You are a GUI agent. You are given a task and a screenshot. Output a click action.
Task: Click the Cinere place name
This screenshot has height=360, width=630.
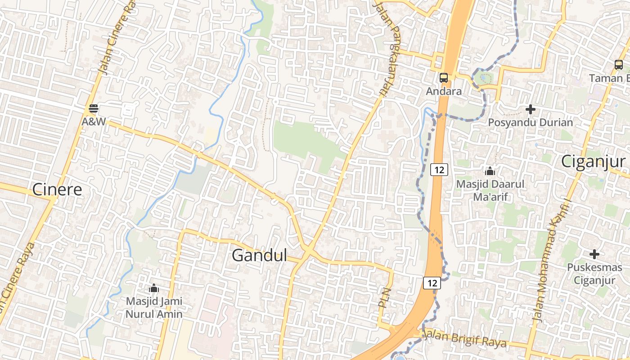click(x=57, y=189)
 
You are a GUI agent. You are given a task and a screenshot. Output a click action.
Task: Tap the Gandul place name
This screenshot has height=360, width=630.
click(x=259, y=256)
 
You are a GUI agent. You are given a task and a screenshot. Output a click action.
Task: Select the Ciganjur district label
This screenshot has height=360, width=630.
click(x=593, y=161)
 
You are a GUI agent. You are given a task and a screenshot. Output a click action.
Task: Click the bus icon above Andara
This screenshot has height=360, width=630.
click(x=444, y=78)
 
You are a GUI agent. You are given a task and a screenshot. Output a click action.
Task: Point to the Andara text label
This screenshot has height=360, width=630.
click(x=444, y=91)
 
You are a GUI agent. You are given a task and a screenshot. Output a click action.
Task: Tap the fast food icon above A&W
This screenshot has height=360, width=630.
click(x=94, y=108)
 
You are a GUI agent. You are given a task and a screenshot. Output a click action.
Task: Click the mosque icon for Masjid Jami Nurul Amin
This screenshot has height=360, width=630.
click(x=154, y=288)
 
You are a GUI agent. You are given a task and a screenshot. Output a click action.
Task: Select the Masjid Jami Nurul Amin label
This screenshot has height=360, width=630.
click(x=154, y=307)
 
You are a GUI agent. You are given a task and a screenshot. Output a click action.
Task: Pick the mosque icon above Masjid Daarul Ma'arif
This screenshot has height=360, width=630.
click(x=490, y=171)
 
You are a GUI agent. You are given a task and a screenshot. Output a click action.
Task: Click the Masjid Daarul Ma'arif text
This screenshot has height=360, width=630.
click(x=490, y=190)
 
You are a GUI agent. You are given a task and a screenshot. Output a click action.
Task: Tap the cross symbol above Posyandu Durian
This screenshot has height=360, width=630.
click(x=531, y=109)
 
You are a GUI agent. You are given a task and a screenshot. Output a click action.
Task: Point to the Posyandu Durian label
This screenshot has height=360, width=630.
click(x=531, y=122)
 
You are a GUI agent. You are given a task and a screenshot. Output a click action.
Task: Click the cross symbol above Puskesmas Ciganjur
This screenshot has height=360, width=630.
click(x=594, y=254)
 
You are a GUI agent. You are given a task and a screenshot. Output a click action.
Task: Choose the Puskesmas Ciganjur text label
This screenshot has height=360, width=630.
click(x=594, y=274)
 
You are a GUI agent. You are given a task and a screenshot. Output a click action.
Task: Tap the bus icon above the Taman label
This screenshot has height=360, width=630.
click(x=619, y=65)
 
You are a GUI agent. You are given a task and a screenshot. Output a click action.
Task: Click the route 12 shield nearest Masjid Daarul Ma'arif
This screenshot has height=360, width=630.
click(x=439, y=170)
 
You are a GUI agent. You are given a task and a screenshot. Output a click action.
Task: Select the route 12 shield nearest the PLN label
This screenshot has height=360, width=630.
click(x=432, y=283)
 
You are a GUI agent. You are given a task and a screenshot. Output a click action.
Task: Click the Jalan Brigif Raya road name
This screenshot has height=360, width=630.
click(x=466, y=338)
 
